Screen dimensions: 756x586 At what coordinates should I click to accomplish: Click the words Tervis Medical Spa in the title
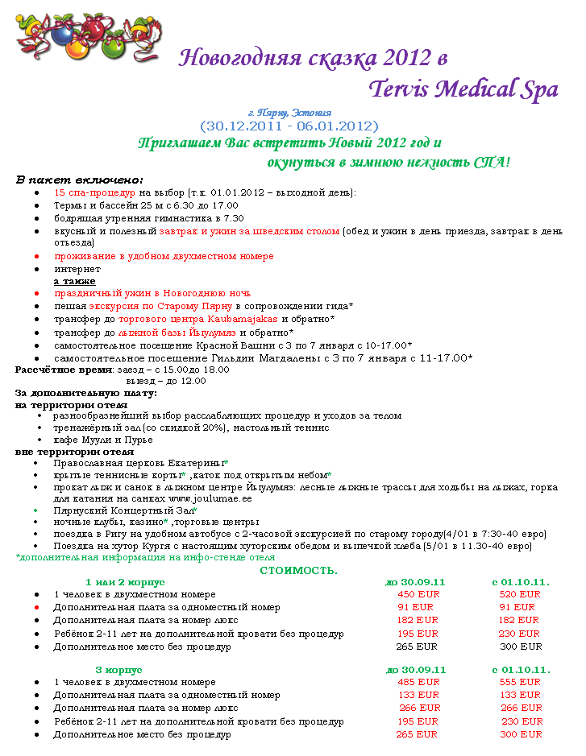click(x=463, y=89)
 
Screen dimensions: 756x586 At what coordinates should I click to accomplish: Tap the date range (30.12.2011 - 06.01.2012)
click(x=289, y=126)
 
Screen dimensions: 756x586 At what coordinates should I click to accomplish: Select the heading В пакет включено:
click(x=80, y=180)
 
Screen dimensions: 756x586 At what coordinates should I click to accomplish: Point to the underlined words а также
click(x=74, y=281)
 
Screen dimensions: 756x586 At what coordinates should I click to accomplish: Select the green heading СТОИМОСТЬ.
click(x=298, y=570)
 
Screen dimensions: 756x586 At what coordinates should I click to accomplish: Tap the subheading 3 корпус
click(x=118, y=669)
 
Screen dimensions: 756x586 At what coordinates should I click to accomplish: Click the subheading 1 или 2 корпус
click(x=125, y=581)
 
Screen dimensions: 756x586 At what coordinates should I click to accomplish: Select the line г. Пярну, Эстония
click(x=289, y=113)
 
